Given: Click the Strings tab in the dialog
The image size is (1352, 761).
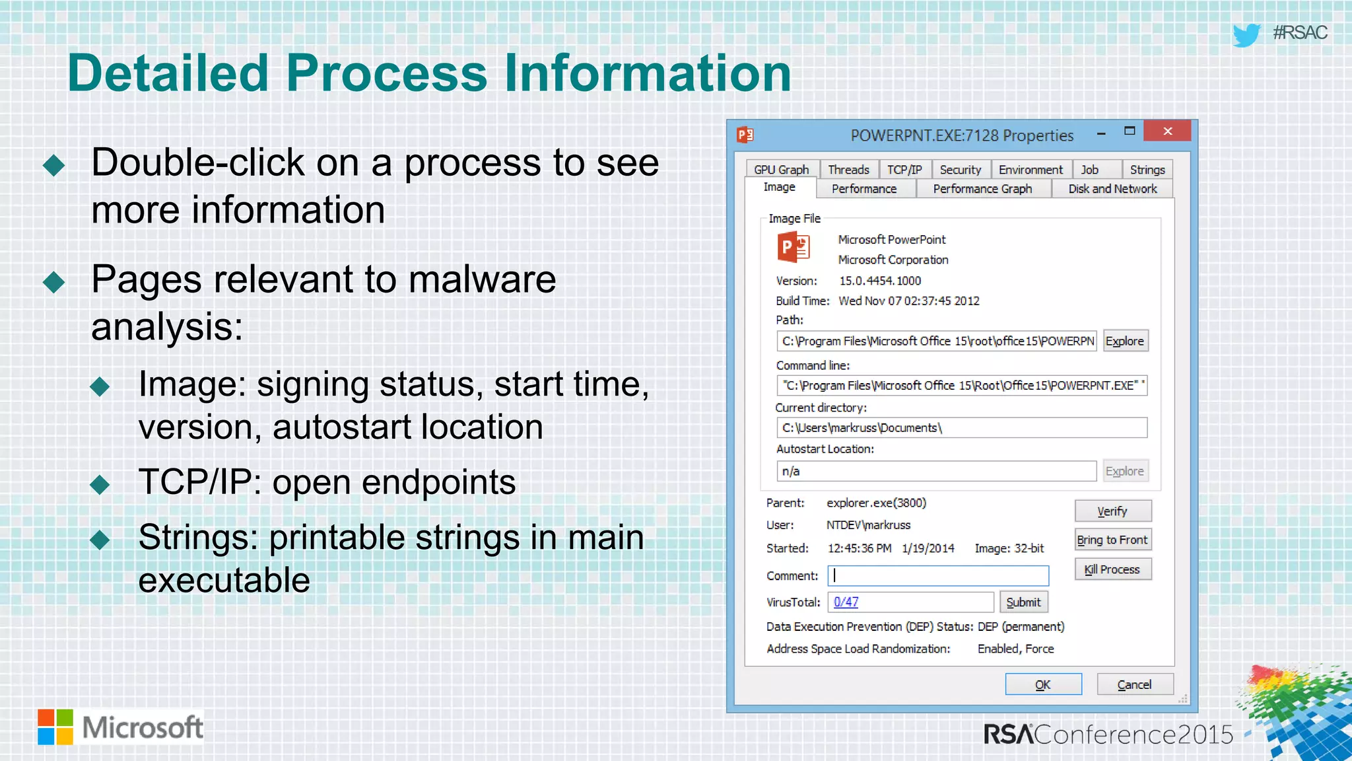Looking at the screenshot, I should pyautogui.click(x=1147, y=170).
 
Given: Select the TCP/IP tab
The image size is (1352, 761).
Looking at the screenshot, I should pyautogui.click(x=904, y=170).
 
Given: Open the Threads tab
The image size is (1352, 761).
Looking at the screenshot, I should pyautogui.click(x=848, y=170).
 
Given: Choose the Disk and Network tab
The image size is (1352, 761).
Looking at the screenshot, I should pyautogui.click(x=1112, y=189).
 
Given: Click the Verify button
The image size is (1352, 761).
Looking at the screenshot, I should pyautogui.click(x=1112, y=511).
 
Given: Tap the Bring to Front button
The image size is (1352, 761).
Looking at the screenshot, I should pyautogui.click(x=1112, y=540).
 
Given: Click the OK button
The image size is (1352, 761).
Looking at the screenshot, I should pyautogui.click(x=1043, y=684).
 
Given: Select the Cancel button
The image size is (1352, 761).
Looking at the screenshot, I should pyautogui.click(x=1134, y=684).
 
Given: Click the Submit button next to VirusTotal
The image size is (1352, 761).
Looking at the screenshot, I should pyautogui.click(x=1023, y=602).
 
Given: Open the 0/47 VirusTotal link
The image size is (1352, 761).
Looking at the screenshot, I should pyautogui.click(x=846, y=602).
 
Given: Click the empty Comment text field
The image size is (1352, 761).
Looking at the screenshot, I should pyautogui.click(x=938, y=575).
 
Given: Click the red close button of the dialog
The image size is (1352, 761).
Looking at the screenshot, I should pyautogui.click(x=1167, y=131).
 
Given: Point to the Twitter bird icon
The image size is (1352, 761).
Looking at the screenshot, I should pyautogui.click(x=1246, y=34).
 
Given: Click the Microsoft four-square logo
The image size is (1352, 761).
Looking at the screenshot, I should pyautogui.click(x=55, y=727).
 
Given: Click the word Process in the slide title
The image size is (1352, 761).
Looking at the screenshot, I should pyautogui.click(x=386, y=73).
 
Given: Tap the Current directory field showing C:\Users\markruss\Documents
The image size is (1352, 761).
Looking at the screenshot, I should pyautogui.click(x=961, y=428).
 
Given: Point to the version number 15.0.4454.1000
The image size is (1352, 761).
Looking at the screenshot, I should pyautogui.click(x=879, y=281).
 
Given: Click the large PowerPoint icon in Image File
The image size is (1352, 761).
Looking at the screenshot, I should pyautogui.click(x=794, y=248).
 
